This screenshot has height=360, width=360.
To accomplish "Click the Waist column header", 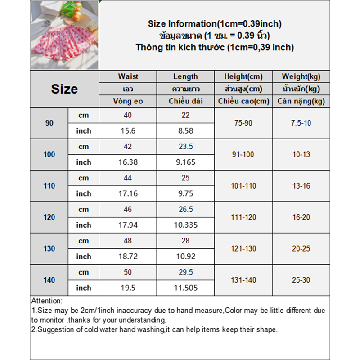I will (128, 76).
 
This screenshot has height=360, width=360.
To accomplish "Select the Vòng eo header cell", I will (128, 101).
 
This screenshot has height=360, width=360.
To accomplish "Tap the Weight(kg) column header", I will (301, 76).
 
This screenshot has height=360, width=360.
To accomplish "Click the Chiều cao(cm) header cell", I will (243, 101).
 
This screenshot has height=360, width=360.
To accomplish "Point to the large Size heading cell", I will (64, 89).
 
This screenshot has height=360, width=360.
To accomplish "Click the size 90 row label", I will (49, 123).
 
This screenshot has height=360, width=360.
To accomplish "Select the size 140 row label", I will (49, 280).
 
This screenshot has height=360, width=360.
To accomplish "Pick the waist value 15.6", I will (128, 131).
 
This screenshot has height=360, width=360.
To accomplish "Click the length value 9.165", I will (185, 162).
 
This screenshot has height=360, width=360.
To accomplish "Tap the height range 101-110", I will (243, 186).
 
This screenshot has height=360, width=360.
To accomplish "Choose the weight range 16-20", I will (301, 217).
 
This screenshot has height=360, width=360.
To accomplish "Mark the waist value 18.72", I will (128, 256).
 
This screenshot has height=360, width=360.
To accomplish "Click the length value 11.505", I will (185, 288).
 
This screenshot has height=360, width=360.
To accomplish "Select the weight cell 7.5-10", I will (301, 123).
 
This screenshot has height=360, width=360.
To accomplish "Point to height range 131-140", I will (243, 280).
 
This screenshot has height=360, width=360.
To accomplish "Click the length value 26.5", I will (185, 209).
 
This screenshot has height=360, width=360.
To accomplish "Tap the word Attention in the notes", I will (47, 301).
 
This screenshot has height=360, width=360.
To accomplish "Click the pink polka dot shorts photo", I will (64, 36).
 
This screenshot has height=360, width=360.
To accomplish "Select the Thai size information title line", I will (215, 36).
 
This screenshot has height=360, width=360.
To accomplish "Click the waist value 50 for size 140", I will (128, 272).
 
